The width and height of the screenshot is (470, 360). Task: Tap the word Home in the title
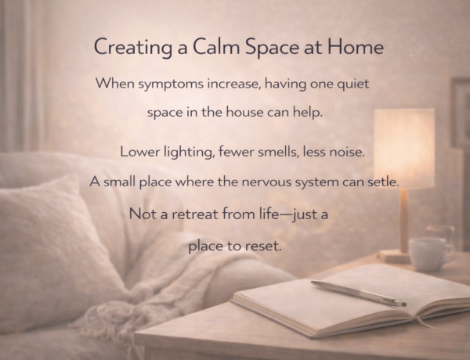(x=356, y=47)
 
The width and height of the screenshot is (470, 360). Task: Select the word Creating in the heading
(x=133, y=48)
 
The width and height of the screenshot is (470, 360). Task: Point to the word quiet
(x=353, y=84)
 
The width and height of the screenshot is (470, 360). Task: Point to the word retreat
(x=194, y=214)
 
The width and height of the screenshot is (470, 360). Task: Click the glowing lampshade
(x=404, y=149)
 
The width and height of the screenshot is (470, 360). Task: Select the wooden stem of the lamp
(x=404, y=220)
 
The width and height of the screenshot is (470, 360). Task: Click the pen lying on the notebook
(x=359, y=293)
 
